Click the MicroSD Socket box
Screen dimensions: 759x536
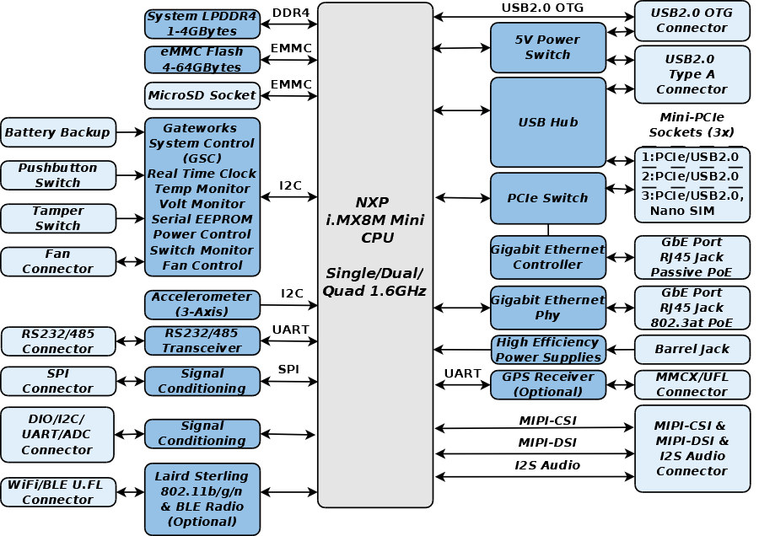tap(202, 95)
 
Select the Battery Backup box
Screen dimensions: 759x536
tap(58, 132)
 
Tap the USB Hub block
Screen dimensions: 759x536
tap(548, 122)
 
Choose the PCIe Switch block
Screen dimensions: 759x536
tap(548, 198)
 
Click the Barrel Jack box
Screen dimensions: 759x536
tap(692, 349)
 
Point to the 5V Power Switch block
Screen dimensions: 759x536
tap(548, 47)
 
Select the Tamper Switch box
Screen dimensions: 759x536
tap(58, 218)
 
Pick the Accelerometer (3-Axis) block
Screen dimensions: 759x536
tap(202, 304)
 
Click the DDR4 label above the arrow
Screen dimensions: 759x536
tap(290, 13)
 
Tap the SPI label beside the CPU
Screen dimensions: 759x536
tap(288, 369)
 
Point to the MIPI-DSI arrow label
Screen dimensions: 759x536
tap(547, 442)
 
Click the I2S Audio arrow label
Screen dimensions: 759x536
tap(547, 465)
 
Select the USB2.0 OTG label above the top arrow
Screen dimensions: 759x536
tap(542, 8)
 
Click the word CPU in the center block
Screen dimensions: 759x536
tap(377, 238)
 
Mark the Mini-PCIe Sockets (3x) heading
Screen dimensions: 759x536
tap(692, 125)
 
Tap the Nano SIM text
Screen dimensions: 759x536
tap(682, 211)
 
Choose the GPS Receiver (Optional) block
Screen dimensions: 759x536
tap(548, 384)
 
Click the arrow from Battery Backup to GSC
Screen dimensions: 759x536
tap(130, 131)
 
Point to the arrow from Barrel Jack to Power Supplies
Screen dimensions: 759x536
tap(620, 349)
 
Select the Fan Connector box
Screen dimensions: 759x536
tap(58, 262)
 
